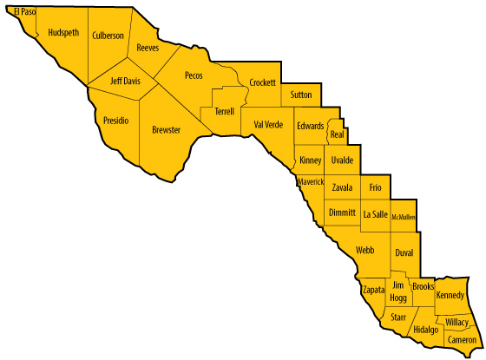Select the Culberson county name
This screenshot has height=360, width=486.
pyautogui.click(x=108, y=36)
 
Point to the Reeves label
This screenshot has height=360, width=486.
pyautogui.click(x=148, y=49)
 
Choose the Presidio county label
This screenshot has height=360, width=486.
pyautogui.click(x=116, y=120)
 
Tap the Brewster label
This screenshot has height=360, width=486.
pyautogui.click(x=166, y=129)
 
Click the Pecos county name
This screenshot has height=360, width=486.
pyautogui.click(x=194, y=75)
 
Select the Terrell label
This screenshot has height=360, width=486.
pyautogui.click(x=224, y=111)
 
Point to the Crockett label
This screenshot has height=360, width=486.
pyautogui.click(x=262, y=82)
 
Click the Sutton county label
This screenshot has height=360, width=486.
pyautogui.click(x=301, y=94)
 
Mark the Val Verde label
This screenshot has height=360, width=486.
pyautogui.click(x=269, y=124)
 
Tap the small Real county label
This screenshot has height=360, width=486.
pyautogui.click(x=338, y=134)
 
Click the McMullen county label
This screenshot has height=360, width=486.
pyautogui.click(x=404, y=217)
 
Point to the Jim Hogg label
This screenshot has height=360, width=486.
pyautogui.click(x=398, y=291)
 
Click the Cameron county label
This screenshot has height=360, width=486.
pyautogui.click(x=462, y=341)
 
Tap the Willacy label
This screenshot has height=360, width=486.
pyautogui.click(x=456, y=322)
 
